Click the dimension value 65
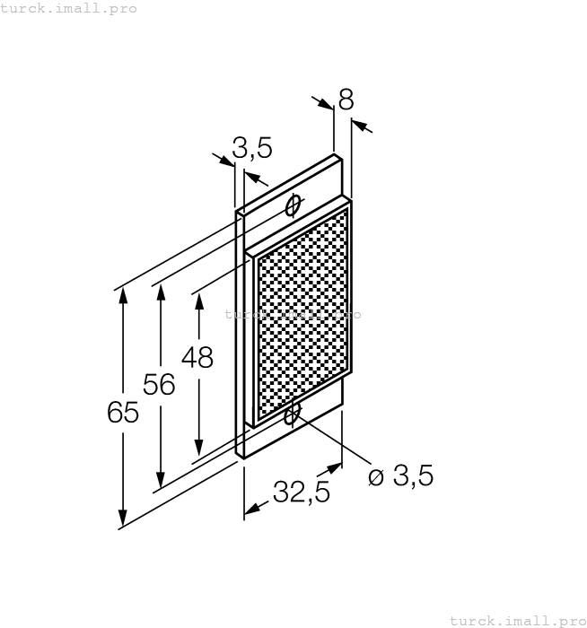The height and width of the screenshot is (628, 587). pyautogui.click(x=123, y=412)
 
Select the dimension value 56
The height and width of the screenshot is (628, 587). pyautogui.click(x=159, y=384)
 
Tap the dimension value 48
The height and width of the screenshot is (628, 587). pyautogui.click(x=197, y=357)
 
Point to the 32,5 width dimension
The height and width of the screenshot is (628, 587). pyautogui.click(x=302, y=492)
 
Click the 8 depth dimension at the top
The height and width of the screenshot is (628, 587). pyautogui.click(x=346, y=100)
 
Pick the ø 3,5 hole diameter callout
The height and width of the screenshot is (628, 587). pyautogui.click(x=400, y=475)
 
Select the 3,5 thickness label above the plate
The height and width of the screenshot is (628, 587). pyautogui.click(x=252, y=148)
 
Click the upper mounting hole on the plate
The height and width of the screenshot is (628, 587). pyautogui.click(x=293, y=205)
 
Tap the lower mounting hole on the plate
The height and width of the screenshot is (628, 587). pyautogui.click(x=292, y=414)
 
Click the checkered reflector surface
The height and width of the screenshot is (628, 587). pyautogui.click(x=303, y=313)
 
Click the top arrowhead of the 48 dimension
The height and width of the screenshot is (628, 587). pyautogui.click(x=198, y=303)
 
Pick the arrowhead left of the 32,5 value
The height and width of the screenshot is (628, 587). pyautogui.click(x=251, y=509)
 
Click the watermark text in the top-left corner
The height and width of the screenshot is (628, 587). pyautogui.click(x=68, y=8)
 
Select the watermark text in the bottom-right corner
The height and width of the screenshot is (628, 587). pyautogui.click(x=518, y=621)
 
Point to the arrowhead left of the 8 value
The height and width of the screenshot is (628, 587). pyautogui.click(x=325, y=103)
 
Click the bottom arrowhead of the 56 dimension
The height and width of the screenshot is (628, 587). pyautogui.click(x=161, y=479)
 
